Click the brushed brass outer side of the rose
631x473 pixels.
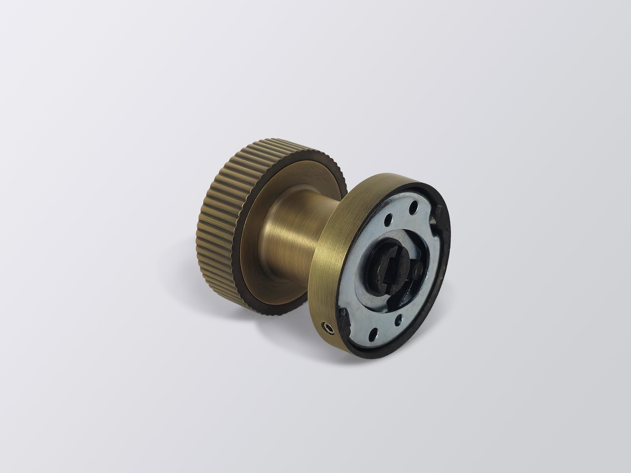331,257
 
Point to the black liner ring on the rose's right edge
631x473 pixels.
445,262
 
